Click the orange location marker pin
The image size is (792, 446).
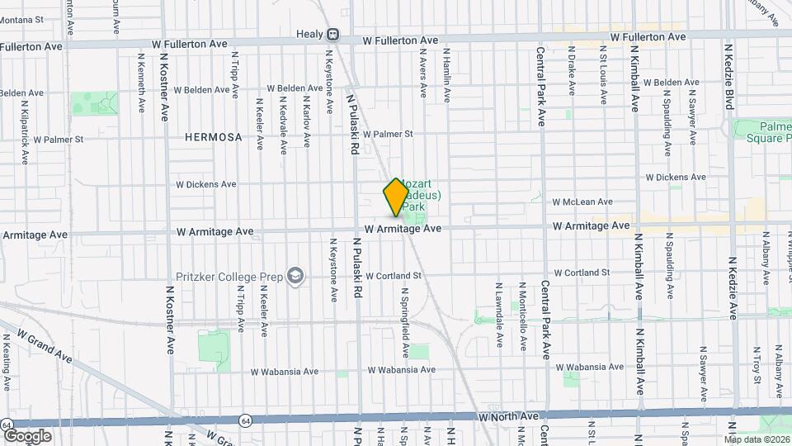click(396, 196)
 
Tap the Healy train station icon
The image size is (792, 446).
click(333, 35)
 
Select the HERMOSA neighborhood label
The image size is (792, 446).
click(214, 137)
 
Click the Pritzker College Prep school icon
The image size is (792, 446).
click(295, 277)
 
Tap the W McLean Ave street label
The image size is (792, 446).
click(582, 202)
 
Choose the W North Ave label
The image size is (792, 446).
click(508, 418)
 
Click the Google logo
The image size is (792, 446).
click(26, 436)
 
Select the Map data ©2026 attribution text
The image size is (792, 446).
click(757, 439)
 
